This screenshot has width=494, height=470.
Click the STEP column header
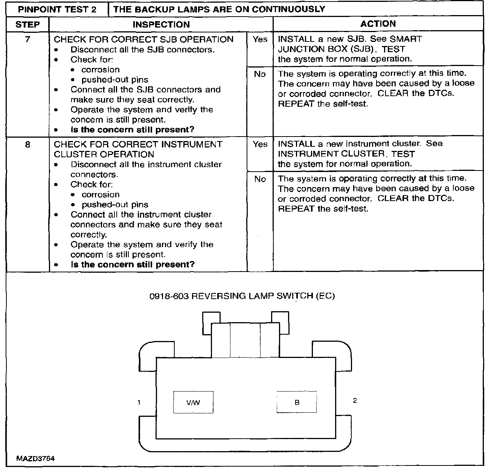click(x=27, y=25)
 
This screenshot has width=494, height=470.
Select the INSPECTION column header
click(x=161, y=25)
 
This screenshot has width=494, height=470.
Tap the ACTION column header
click(x=378, y=24)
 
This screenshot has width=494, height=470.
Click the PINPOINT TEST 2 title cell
click(x=57, y=9)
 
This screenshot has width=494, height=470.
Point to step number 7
click(x=27, y=39)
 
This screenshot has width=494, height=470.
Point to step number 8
click(x=27, y=144)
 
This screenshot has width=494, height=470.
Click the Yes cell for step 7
click(x=260, y=39)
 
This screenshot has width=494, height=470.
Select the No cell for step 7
click(x=260, y=74)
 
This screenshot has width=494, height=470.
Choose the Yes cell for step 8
click(x=260, y=144)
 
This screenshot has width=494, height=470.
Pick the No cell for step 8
click(x=260, y=179)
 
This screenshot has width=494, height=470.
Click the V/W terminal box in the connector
click(x=193, y=402)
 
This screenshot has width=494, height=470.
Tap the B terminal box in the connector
click(x=297, y=402)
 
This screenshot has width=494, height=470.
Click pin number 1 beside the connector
click(x=139, y=402)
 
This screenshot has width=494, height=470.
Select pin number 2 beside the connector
click(x=355, y=401)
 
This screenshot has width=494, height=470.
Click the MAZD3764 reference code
click(x=35, y=459)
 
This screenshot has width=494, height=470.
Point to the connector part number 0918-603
click(x=169, y=296)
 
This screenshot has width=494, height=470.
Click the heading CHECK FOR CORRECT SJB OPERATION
click(x=143, y=39)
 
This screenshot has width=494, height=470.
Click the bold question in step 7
click(x=133, y=130)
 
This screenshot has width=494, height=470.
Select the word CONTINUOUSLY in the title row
click(x=288, y=9)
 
